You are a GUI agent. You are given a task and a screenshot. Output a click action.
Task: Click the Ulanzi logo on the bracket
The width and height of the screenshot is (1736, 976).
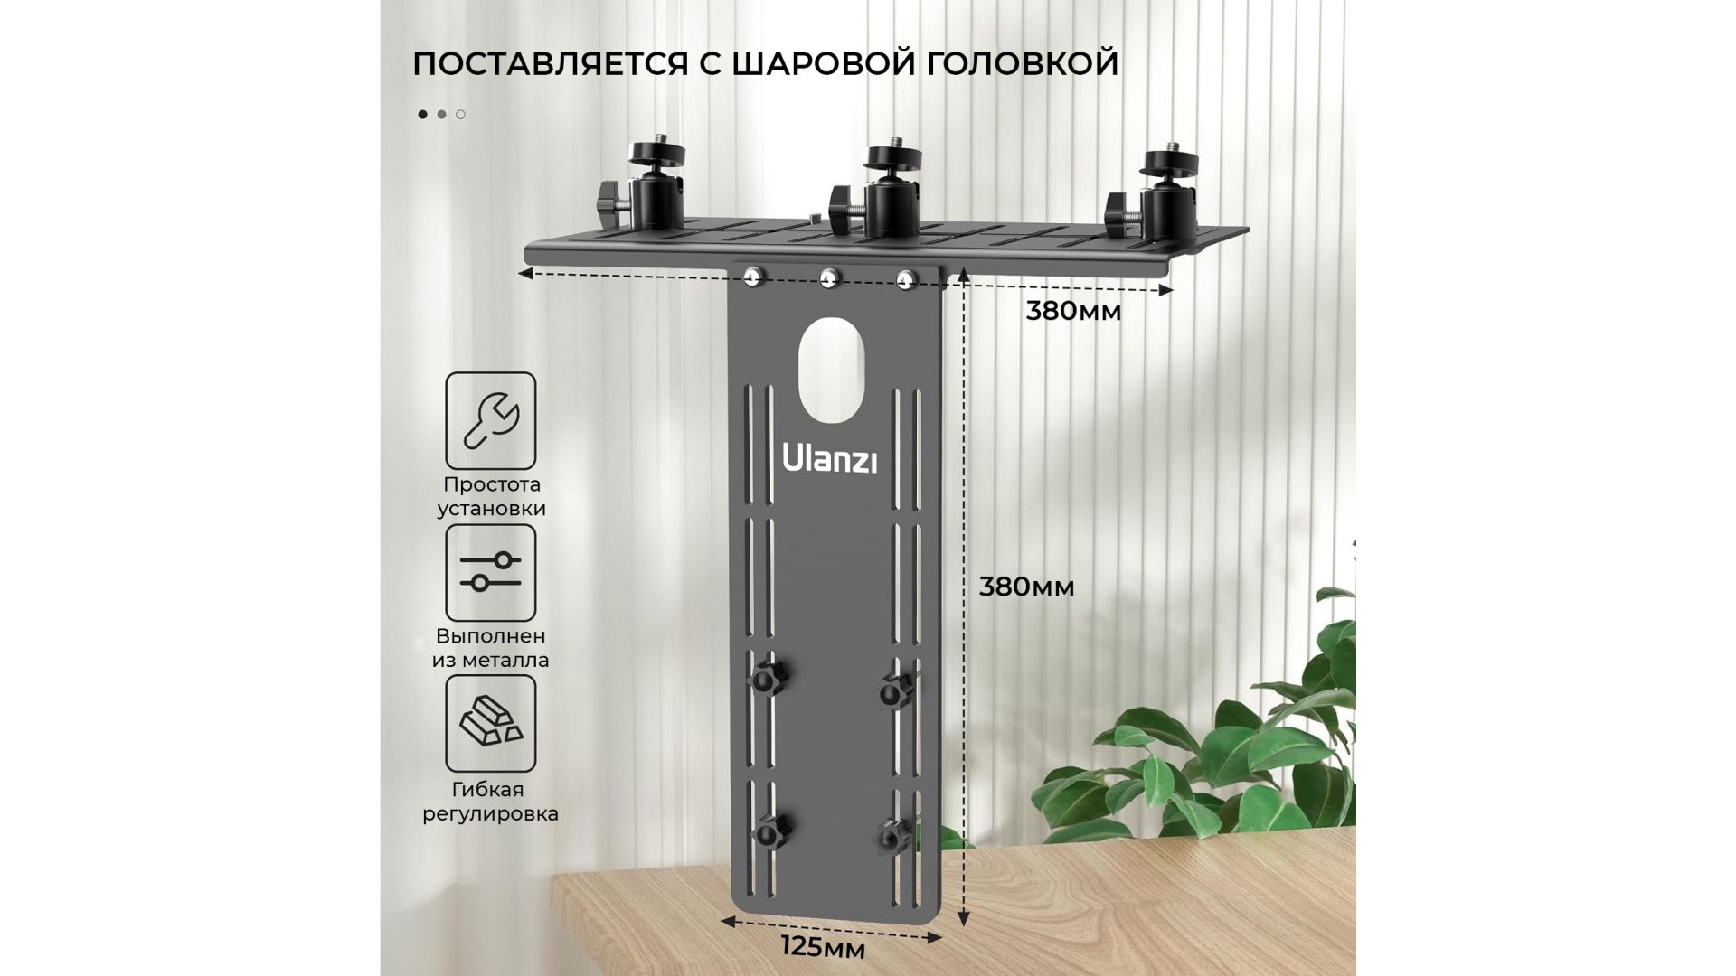(x=829, y=458)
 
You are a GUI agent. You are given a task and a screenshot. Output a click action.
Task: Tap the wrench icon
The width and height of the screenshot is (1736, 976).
(x=490, y=420)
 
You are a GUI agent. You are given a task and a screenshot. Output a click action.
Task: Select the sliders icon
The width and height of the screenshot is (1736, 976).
(x=490, y=572)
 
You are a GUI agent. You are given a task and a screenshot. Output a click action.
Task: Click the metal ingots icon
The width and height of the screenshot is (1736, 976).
(x=490, y=723)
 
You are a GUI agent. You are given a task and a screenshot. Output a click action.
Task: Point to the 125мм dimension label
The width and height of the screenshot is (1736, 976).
(x=823, y=948)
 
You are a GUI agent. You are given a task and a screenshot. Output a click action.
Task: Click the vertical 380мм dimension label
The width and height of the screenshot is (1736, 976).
(x=1026, y=587)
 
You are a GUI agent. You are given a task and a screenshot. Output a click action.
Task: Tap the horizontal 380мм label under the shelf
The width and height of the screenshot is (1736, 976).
(x=1073, y=311)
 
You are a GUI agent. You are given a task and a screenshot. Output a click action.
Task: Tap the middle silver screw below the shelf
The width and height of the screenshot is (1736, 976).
(x=829, y=278)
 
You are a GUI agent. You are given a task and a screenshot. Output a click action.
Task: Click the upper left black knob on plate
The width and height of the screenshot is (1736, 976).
(x=768, y=675)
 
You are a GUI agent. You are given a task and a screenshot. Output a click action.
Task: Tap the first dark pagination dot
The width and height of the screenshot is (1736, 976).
(x=422, y=115)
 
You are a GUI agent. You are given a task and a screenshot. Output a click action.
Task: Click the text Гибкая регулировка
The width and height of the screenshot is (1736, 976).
(x=490, y=802)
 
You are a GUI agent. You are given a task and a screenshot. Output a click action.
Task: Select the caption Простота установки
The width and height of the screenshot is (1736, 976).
(x=491, y=496)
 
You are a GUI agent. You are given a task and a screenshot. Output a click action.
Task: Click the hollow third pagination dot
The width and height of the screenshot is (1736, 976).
(x=460, y=115)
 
